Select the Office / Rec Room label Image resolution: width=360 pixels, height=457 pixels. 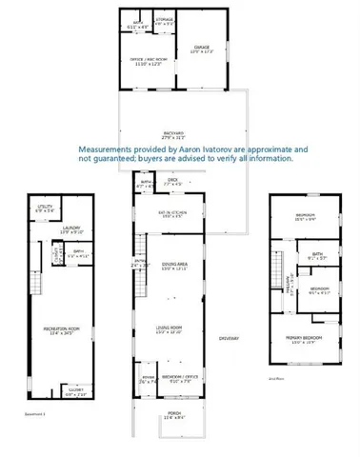[146, 61]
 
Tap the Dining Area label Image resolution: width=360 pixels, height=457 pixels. [173, 263]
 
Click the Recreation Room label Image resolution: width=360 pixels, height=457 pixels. [59, 328]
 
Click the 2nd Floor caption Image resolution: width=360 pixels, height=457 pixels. [275, 377]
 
